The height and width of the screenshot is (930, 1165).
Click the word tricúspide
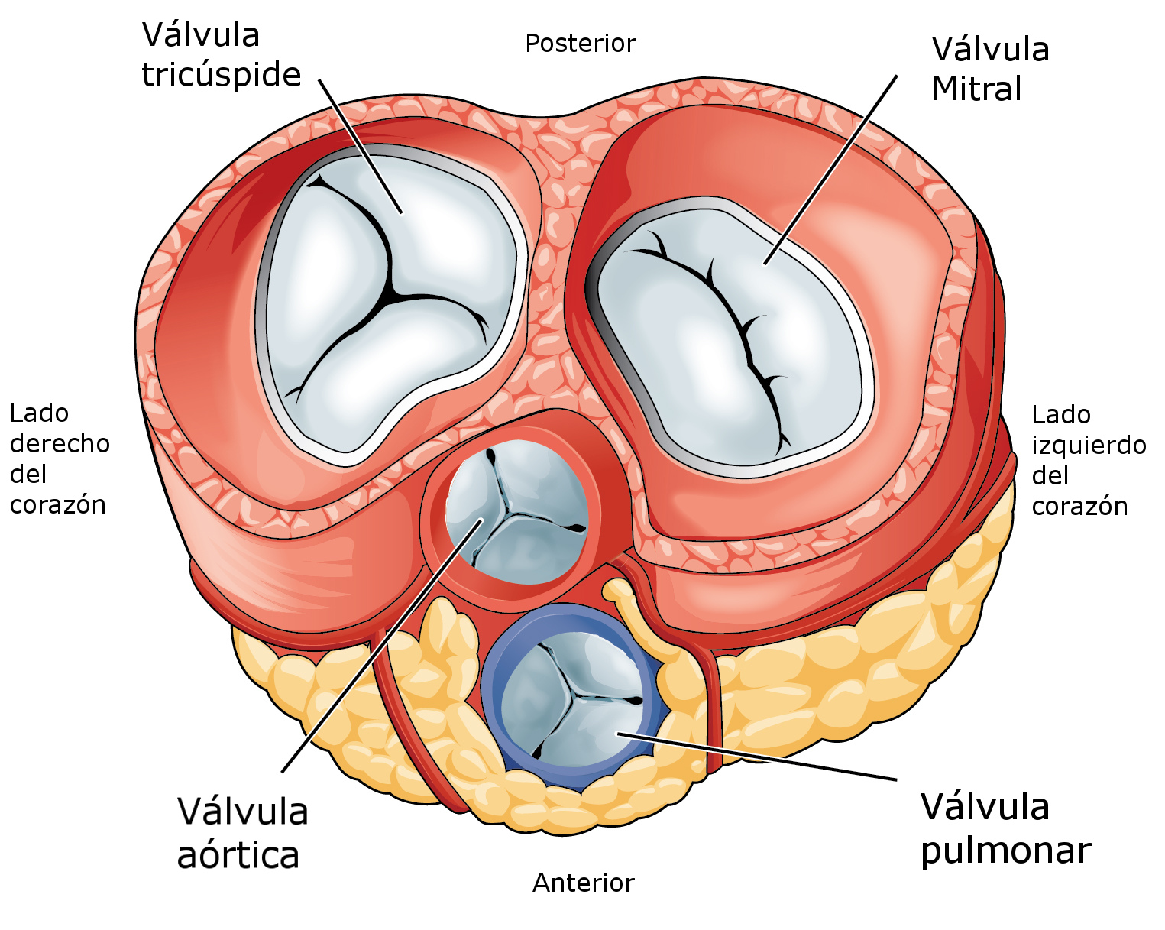pos(221,75)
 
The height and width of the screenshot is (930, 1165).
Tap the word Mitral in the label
pos(976,89)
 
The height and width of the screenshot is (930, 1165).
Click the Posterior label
pos(581,44)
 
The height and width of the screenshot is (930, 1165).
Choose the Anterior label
pos(583,883)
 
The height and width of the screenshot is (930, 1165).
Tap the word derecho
pos(60,444)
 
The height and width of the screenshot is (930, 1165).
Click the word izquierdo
pos(1089,446)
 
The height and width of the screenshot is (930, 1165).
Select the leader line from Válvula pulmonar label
pos(757,757)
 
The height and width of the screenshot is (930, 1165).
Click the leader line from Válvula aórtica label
pos(382,646)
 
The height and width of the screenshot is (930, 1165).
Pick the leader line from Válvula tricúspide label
pos(361,147)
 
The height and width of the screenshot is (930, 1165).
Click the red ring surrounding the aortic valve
pos(431,520)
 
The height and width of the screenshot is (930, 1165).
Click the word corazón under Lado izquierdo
pos(1079,507)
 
